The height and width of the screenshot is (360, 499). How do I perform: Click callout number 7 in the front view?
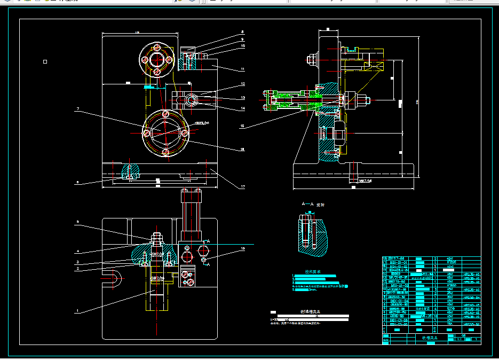(x=78, y=109)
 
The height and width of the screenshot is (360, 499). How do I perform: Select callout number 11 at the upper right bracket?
(x=242, y=69)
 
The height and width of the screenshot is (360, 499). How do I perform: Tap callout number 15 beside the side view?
(x=242, y=127)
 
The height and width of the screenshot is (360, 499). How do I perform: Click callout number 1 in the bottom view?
(x=77, y=311)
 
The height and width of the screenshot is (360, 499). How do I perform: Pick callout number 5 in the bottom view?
(x=77, y=221)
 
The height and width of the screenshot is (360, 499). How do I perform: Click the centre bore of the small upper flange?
(x=156, y=59)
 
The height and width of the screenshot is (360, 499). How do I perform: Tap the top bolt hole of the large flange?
(x=166, y=114)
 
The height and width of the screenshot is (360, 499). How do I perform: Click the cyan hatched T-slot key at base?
(x=131, y=171)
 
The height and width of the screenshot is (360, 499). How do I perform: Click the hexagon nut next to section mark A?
(x=203, y=260)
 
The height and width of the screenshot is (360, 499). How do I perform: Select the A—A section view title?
(x=313, y=205)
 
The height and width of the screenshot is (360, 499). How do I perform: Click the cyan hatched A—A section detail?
(x=312, y=233)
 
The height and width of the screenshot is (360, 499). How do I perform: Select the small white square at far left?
(x=45, y=62)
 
